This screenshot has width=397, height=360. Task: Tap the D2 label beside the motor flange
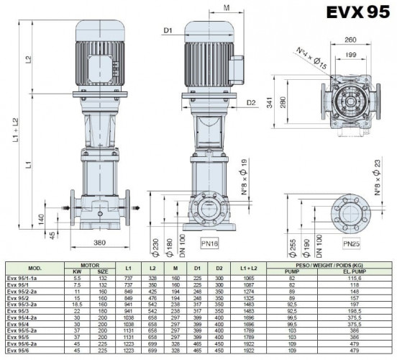click(x=251, y=103)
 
